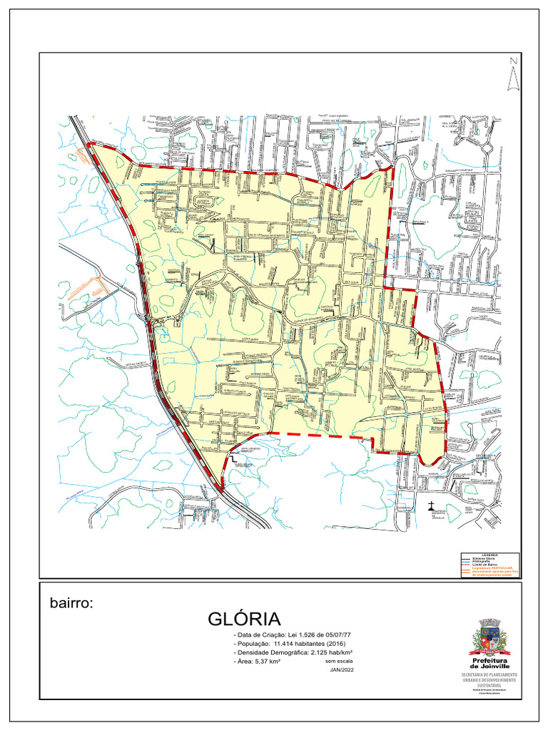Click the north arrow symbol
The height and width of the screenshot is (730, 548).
point(512,76)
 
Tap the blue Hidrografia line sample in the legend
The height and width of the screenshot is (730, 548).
point(467,562)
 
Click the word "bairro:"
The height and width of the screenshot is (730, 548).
point(71,603)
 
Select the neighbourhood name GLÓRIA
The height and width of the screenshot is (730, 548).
point(245,619)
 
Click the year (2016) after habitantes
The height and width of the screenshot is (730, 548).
point(345,644)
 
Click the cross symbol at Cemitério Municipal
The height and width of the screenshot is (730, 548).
point(431,507)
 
